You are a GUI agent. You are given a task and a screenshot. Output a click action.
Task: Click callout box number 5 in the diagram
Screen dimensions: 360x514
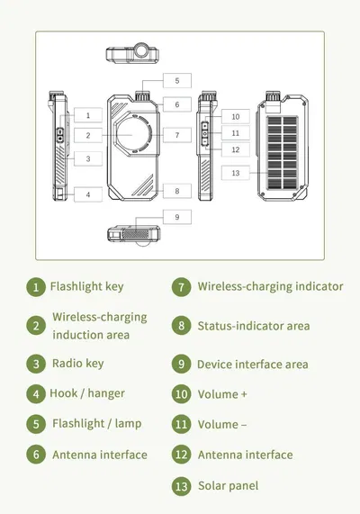(177, 81)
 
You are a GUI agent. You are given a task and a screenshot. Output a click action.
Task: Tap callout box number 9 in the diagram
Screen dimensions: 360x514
(177, 217)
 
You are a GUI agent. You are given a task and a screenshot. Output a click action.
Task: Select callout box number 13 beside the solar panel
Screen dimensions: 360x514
(236, 173)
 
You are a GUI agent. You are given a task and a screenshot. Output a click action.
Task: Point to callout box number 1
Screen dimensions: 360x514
(88, 115)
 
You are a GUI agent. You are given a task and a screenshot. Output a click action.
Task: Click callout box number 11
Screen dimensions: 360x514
(236, 133)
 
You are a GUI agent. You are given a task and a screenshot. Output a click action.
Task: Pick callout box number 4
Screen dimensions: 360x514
(88, 194)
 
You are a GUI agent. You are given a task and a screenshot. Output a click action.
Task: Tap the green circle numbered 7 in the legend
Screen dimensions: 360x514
(181, 287)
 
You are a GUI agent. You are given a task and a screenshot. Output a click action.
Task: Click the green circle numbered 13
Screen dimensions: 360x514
(181, 486)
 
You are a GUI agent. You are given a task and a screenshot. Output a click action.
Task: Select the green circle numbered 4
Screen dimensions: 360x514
(36, 393)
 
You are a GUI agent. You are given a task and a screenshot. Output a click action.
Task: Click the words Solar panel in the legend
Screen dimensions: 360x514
(229, 486)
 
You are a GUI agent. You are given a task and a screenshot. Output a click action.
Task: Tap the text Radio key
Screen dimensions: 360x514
(78, 364)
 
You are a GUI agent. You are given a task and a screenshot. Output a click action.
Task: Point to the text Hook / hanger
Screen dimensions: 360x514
(87, 393)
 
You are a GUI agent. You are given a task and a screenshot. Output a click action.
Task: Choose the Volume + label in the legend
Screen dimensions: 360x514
(222, 394)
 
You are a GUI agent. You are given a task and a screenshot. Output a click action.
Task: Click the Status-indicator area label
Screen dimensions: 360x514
(254, 326)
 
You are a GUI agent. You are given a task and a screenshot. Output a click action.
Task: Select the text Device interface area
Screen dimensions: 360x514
(253, 365)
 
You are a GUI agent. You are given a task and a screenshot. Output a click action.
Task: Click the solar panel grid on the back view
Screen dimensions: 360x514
(283, 153)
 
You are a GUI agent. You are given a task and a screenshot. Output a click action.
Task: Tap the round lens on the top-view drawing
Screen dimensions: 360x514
(142, 50)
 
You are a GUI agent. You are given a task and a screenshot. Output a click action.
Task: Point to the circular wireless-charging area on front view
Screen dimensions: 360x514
(133, 135)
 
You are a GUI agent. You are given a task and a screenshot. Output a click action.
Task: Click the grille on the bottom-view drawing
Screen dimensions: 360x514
(135, 235)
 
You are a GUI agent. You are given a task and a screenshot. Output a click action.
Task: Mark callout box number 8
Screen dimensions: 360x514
(177, 191)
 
